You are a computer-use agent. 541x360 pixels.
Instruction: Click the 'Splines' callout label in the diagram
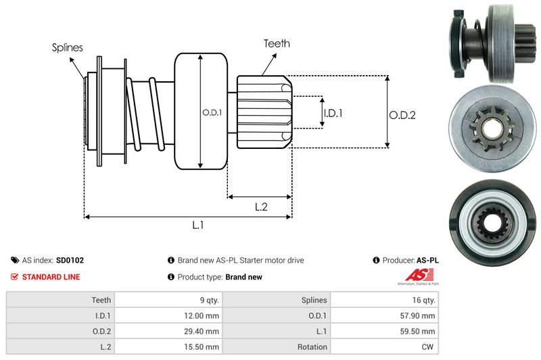68,47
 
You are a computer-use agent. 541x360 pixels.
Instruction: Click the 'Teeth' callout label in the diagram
277,43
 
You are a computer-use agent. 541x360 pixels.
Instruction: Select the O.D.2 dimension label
402,115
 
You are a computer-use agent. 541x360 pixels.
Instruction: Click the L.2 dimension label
262,207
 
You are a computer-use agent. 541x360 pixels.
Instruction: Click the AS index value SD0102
70,260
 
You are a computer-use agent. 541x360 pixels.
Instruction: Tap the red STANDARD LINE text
51,277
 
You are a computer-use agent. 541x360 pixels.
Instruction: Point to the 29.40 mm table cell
203,331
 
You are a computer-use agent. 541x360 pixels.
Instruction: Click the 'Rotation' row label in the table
313,346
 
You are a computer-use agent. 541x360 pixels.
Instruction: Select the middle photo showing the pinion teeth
493,127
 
